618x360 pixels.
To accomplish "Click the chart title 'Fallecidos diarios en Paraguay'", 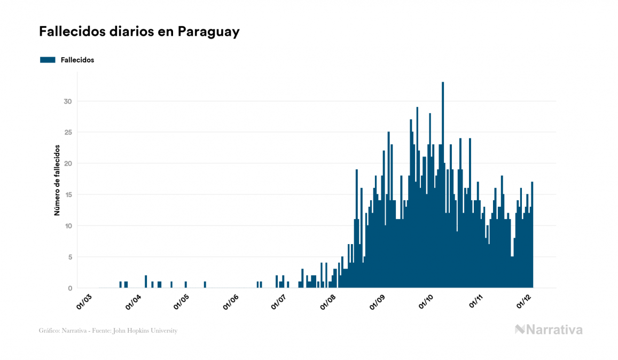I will tap(139, 32).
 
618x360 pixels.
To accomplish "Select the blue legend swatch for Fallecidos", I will tap(48, 60).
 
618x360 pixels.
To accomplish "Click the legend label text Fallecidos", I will tap(77, 60).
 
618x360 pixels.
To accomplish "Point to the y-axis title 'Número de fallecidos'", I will tap(57, 180).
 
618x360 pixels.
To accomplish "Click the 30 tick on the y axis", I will tap(68, 101).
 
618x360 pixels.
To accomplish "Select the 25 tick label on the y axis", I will tap(68, 132).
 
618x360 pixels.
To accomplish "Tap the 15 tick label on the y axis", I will tap(68, 195).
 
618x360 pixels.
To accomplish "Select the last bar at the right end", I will tap(533, 235).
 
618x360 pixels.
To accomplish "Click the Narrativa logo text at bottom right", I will tap(554, 330).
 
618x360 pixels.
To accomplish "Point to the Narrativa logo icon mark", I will tap(520, 330).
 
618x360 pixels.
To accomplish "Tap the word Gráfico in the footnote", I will tap(49, 331).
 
